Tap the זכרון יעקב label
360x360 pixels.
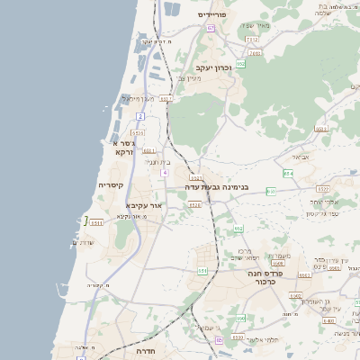[213, 67]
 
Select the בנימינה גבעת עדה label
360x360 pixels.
[216, 187]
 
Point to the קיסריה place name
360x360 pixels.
[110, 184]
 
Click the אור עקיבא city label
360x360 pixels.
[144, 205]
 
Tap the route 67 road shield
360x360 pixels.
[211, 29]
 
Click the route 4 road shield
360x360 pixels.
[165, 172]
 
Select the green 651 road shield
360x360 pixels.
[202, 270]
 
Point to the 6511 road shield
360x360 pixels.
[96, 222]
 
